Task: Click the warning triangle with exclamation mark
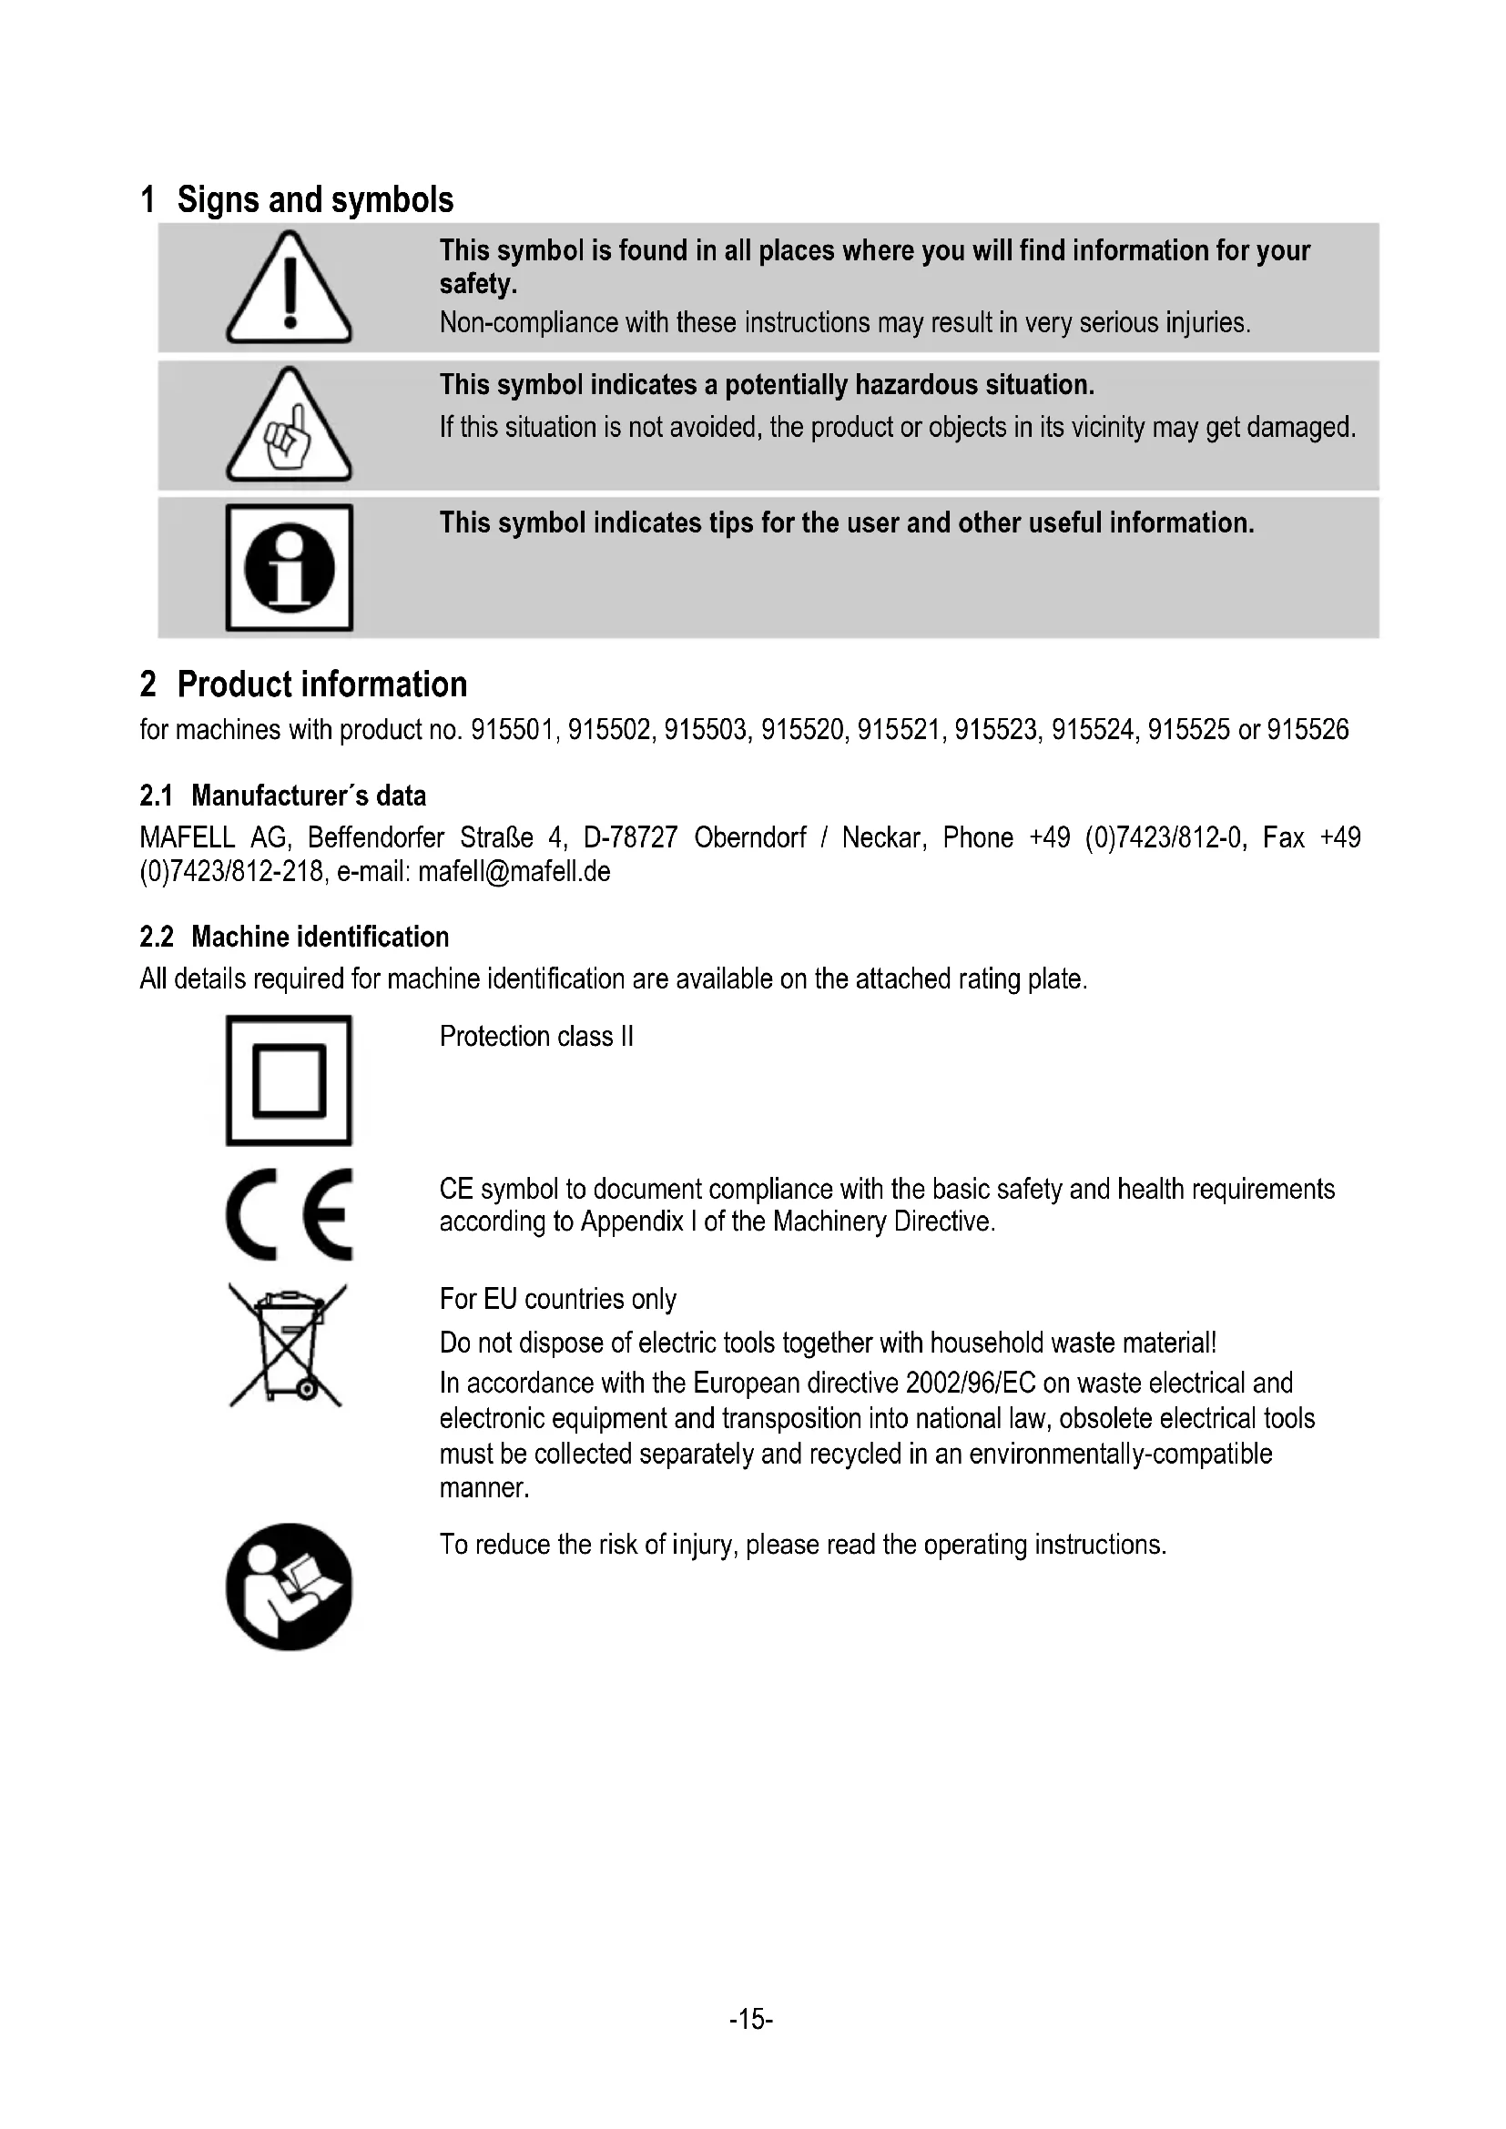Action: [x=289, y=289]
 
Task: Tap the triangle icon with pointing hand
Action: [x=289, y=427]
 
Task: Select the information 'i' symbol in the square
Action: [x=289, y=567]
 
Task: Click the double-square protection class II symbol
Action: [x=289, y=1080]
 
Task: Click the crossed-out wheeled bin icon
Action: [x=288, y=1344]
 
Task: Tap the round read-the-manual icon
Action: [x=289, y=1587]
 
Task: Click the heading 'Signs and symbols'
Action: [x=314, y=200]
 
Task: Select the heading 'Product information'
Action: [x=321, y=684]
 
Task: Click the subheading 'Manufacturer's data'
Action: [x=308, y=796]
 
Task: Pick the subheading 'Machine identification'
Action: [x=319, y=937]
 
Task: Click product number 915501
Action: [x=514, y=730]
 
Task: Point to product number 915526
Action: [x=1308, y=730]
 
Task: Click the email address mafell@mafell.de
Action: [x=514, y=872]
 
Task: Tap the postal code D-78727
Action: [x=631, y=837]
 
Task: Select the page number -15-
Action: [x=751, y=2019]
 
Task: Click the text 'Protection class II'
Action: [x=536, y=1036]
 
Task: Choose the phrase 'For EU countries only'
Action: [x=557, y=1298]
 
